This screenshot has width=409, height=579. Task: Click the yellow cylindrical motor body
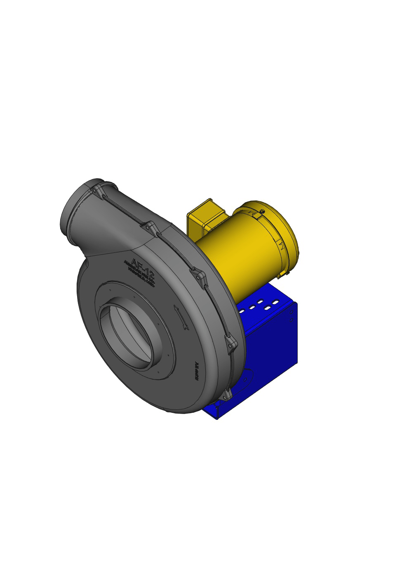tap(239, 256)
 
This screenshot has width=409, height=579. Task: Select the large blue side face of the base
tap(272, 346)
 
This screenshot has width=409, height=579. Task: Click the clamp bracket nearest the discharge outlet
tap(98, 192)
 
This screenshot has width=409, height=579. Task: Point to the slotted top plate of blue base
tap(264, 301)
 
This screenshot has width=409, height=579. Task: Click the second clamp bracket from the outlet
tap(150, 228)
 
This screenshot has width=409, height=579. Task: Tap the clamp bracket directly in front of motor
tap(199, 277)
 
